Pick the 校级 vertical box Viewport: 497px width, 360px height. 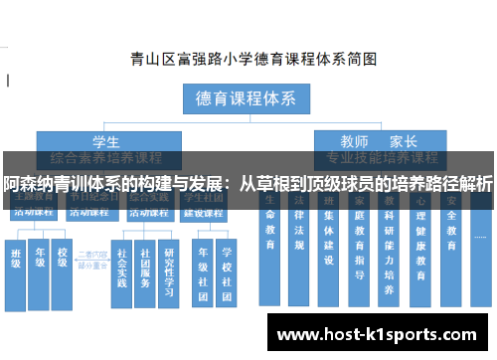[x=63, y=263]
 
